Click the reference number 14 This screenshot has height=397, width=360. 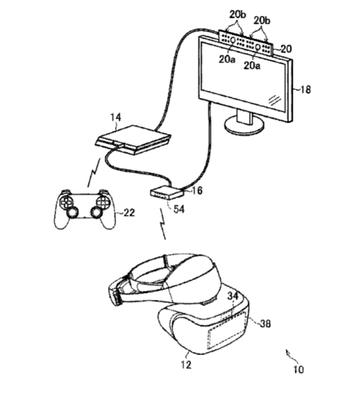point(116,118)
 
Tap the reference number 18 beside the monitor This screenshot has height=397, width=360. point(305,90)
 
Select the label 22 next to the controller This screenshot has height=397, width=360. point(129,213)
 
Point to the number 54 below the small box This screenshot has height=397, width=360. point(179,209)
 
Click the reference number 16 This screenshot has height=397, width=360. point(197,191)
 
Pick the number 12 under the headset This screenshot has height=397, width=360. point(186,365)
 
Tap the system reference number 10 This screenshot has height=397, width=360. point(298,370)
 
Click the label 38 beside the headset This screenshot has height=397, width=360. point(265,323)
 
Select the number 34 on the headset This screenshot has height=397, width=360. point(233,296)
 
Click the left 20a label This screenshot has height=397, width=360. point(227,59)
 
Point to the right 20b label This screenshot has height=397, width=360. point(262,21)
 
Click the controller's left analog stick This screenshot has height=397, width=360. point(72,213)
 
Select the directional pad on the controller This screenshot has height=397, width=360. point(65,202)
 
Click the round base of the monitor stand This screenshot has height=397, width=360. point(244,126)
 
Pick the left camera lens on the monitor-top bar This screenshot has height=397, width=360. point(232,40)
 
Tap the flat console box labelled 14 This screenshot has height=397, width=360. point(133,139)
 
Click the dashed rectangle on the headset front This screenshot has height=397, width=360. point(227,330)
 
